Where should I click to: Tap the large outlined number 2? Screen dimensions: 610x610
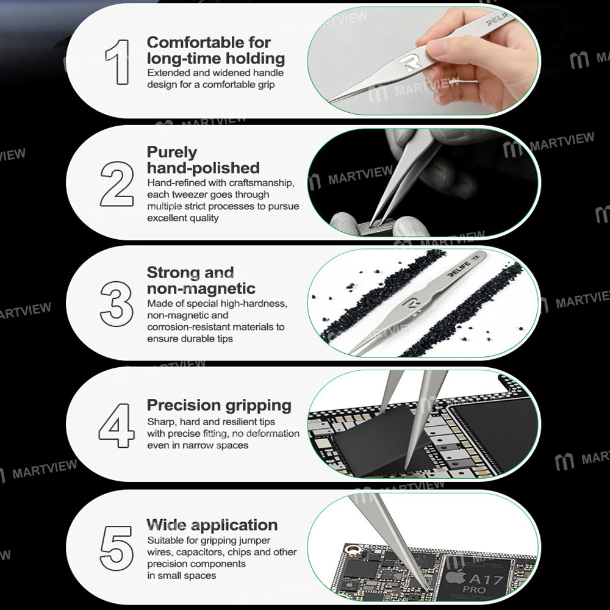[117, 182]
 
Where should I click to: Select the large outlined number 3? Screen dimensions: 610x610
[117, 303]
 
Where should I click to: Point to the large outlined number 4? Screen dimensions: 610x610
[117, 426]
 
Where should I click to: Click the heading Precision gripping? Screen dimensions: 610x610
[219, 406]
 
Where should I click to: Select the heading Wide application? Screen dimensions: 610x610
[212, 525]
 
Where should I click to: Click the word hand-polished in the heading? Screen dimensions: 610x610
[203, 168]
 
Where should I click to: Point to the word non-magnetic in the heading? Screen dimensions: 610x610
[201, 288]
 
